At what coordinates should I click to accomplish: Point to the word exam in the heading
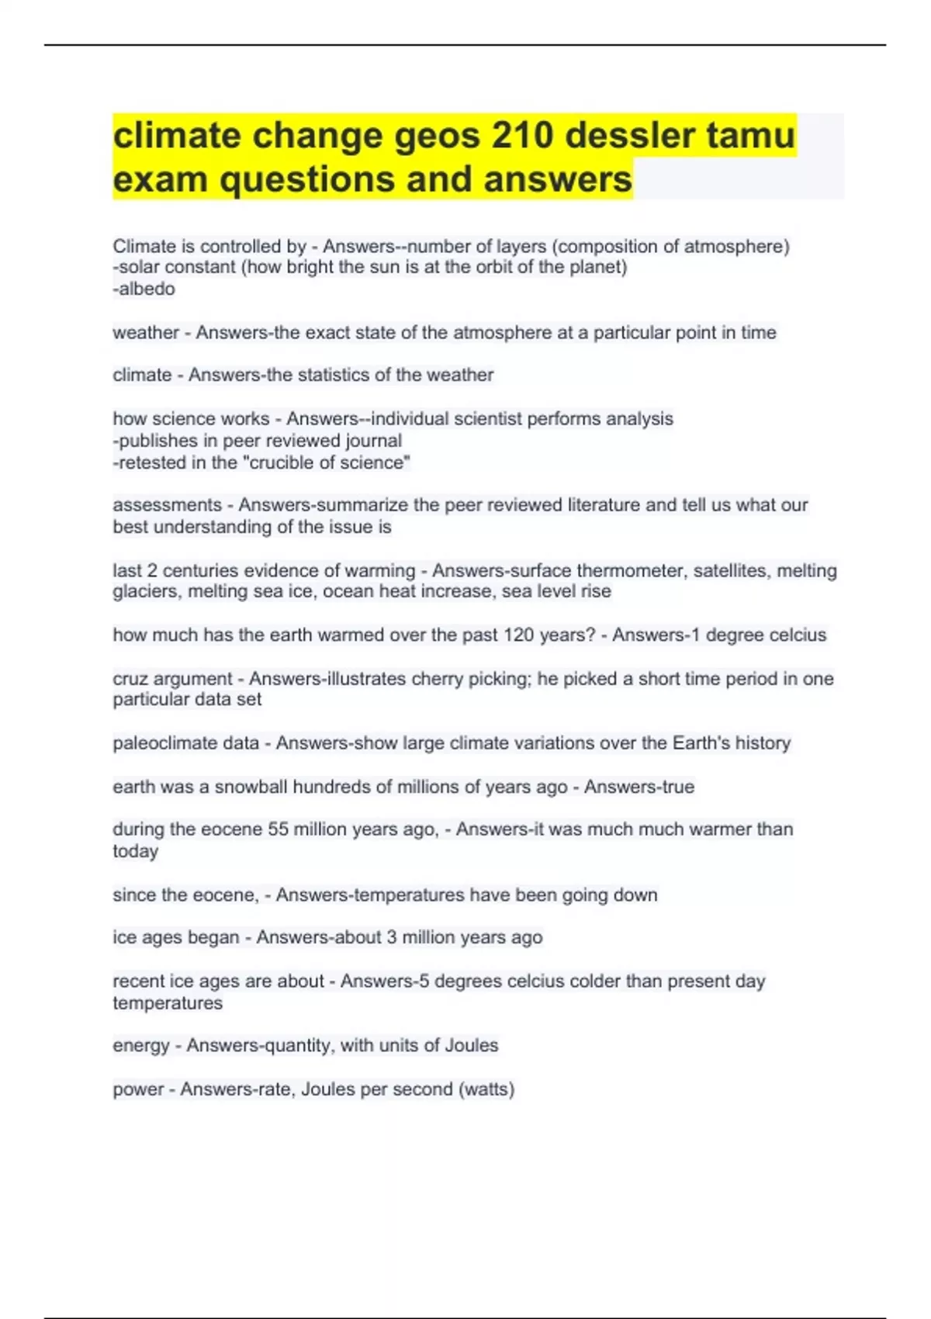pyautogui.click(x=159, y=179)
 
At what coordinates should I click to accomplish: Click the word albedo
pyautogui.click(x=147, y=289)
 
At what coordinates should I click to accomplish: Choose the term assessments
pyautogui.click(x=167, y=505)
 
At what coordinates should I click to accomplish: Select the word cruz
pyautogui.click(x=130, y=679)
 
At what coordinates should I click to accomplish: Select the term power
pyautogui.click(x=138, y=1089)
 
